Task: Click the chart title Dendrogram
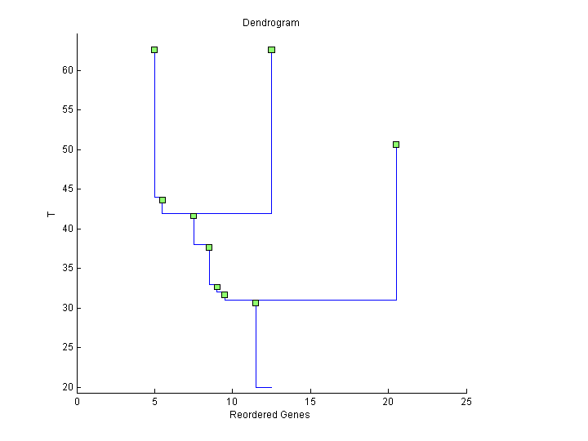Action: tap(270, 23)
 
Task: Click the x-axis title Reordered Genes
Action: tap(269, 415)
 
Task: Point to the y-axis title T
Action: tap(51, 215)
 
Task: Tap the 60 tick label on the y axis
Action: tap(69, 70)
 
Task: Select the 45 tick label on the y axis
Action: tap(69, 189)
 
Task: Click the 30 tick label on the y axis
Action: tap(69, 308)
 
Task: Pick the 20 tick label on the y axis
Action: tap(69, 387)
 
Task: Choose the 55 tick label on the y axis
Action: tap(69, 110)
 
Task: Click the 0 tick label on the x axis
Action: tap(78, 401)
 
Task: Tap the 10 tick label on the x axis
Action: tap(233, 401)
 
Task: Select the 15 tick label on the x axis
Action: tap(311, 401)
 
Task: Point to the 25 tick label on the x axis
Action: tap(466, 401)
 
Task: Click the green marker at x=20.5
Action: tap(396, 145)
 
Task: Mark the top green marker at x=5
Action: tap(154, 50)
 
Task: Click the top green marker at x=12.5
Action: tap(271, 50)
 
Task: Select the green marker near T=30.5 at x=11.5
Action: tap(256, 303)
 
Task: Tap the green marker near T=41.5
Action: tap(194, 216)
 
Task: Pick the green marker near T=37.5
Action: tap(209, 247)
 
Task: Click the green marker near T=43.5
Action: tap(163, 200)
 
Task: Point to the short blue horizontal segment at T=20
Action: tap(263, 387)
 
